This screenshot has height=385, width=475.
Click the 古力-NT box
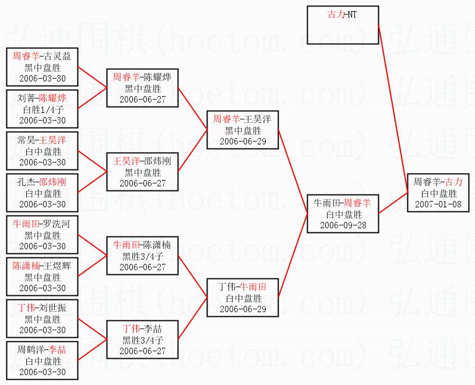coord(343,25)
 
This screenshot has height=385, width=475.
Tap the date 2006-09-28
coord(343,225)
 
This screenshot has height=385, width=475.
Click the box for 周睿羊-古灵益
coord(42,66)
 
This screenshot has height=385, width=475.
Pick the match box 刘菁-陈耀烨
coord(42,108)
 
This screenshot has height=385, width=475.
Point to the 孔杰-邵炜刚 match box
coord(42,193)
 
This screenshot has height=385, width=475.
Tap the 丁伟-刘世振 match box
coord(42,318)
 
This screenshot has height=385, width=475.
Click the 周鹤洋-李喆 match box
coord(42,361)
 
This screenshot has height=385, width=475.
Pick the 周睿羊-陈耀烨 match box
coord(142,87)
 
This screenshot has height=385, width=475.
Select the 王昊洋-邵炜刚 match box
coord(142,172)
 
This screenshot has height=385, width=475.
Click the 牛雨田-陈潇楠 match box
coord(142,256)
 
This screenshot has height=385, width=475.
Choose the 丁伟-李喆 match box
coord(142,340)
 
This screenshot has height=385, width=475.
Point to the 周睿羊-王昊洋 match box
coord(242,129)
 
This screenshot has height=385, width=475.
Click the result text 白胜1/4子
coord(42,109)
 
